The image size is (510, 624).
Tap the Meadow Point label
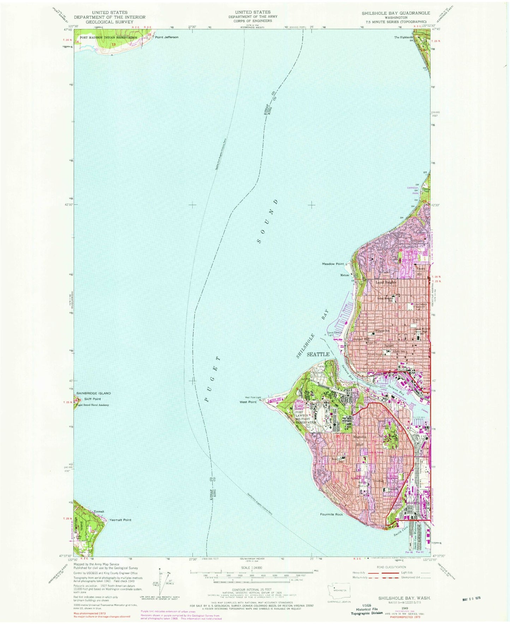coord(332,264)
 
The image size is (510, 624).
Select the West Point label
coord(248,402)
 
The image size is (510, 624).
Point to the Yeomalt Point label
coord(120,520)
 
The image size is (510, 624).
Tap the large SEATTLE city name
coord(318,354)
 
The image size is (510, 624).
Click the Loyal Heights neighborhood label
coord(386,282)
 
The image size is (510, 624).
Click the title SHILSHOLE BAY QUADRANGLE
coord(396,13)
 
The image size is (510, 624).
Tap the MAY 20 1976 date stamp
coord(471,599)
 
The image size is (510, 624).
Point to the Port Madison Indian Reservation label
coord(108,37)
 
